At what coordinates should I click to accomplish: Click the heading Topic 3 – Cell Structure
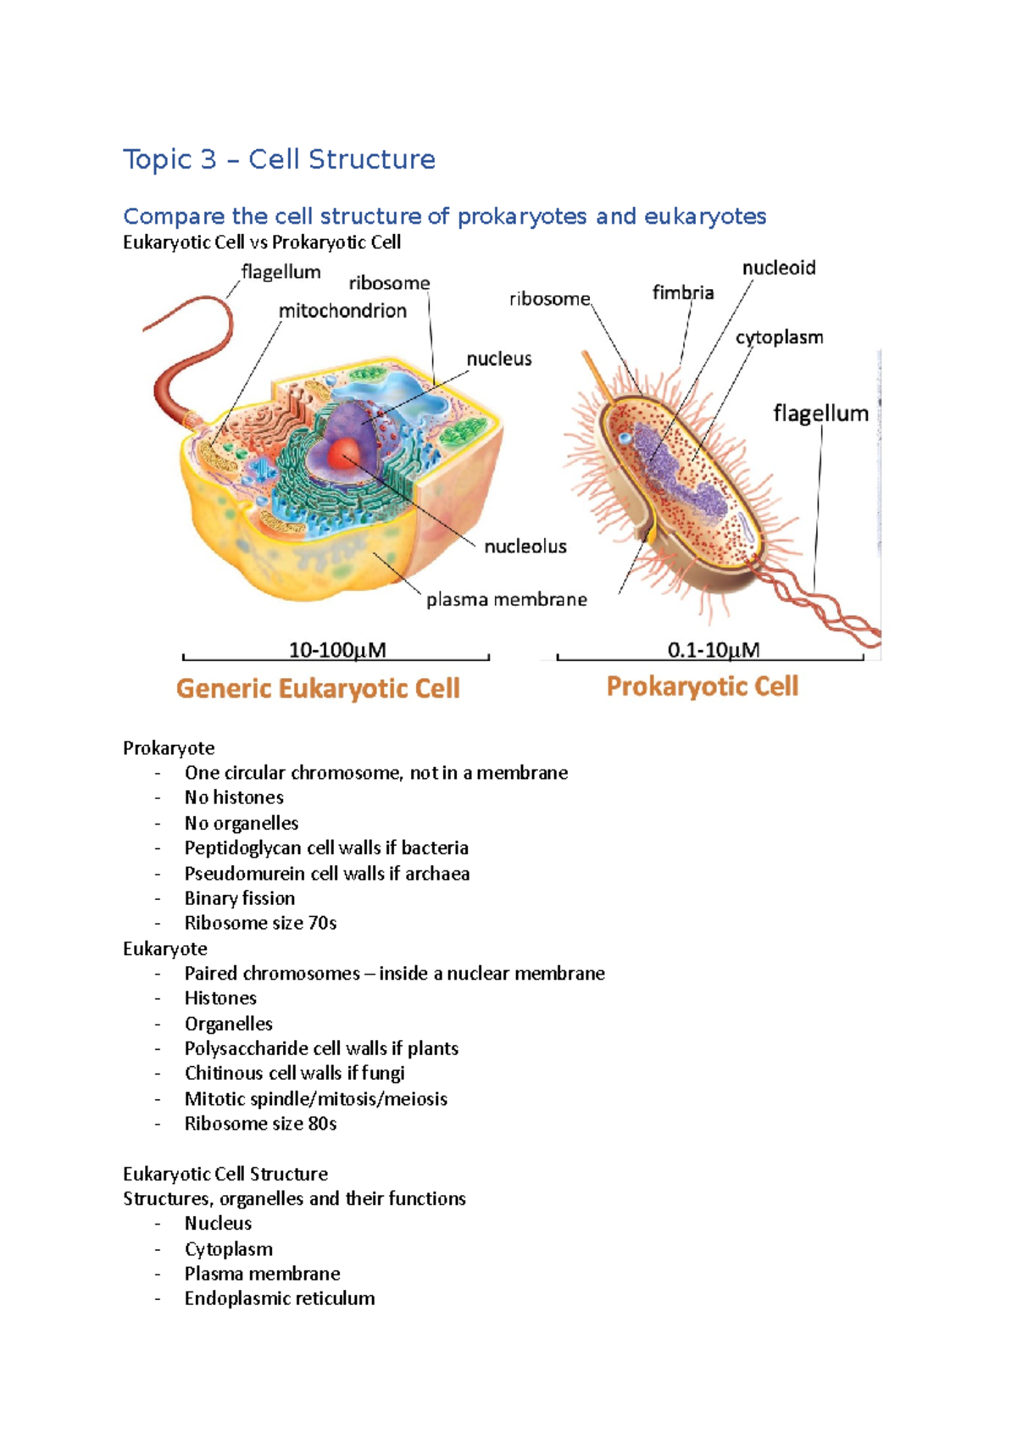279,159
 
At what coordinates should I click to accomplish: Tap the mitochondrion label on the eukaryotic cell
342,311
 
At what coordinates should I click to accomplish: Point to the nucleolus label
525,547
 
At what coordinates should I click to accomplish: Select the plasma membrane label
506,600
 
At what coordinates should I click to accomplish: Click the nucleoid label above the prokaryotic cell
778,269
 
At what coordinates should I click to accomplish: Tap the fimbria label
682,293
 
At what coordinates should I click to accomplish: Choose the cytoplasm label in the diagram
779,337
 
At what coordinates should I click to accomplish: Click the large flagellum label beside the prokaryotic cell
820,414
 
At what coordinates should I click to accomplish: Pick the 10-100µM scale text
337,650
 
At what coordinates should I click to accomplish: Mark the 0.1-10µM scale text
713,650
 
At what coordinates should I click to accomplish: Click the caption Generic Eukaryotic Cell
318,688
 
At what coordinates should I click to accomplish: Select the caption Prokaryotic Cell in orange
702,686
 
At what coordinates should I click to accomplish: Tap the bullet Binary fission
240,898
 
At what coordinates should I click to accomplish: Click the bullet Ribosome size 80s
260,1124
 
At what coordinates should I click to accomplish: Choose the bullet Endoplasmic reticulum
279,1298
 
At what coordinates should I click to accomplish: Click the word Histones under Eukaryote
220,998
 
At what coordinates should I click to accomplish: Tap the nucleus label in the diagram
498,359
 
